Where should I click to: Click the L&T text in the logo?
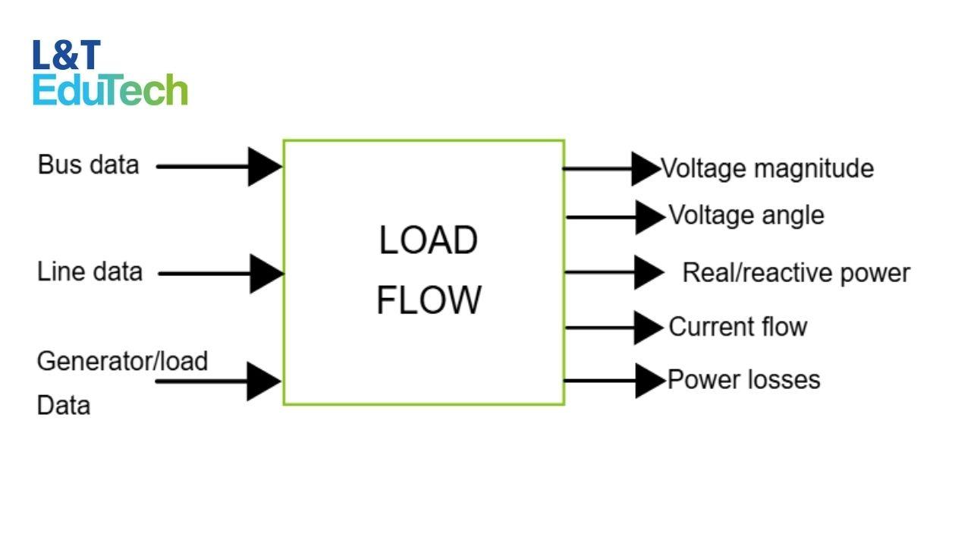click(x=66, y=56)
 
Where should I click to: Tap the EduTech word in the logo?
click(x=110, y=90)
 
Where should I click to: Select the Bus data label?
click(x=88, y=165)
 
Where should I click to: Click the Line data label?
click(x=90, y=271)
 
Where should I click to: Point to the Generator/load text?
click(x=122, y=360)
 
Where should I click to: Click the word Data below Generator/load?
click(x=64, y=405)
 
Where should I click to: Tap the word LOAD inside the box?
click(x=428, y=240)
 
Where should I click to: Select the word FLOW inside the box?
click(x=429, y=300)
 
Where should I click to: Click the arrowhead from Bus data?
click(x=265, y=166)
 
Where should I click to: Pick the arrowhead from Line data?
click(x=266, y=274)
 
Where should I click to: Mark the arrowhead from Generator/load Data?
click(x=264, y=381)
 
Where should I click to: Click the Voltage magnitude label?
click(x=767, y=168)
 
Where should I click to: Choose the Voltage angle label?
click(x=746, y=215)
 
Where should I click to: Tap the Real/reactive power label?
click(x=796, y=272)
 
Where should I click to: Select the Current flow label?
click(x=737, y=327)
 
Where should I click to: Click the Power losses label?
click(x=743, y=379)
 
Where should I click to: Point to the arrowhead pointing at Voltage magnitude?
click(x=646, y=168)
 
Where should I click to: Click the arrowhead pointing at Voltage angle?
click(x=650, y=218)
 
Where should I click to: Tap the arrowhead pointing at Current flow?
click(x=649, y=328)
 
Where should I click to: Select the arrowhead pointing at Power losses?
click(x=650, y=380)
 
